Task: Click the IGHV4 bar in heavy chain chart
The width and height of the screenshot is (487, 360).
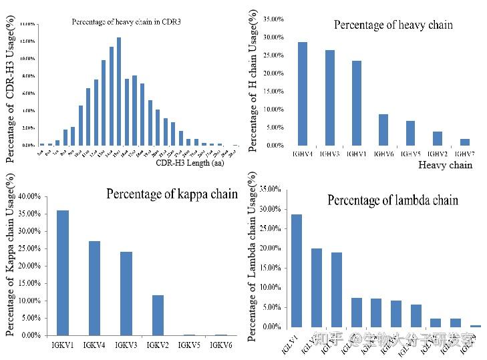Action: pos(302,94)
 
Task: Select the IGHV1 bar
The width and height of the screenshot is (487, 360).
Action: pos(357,103)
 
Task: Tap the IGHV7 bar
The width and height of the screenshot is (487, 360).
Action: pos(464,142)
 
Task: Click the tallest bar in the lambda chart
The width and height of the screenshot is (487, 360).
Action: pos(296,271)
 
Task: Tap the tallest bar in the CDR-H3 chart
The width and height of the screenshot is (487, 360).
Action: pos(119,91)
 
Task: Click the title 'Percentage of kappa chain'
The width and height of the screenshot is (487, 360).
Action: pos(172,194)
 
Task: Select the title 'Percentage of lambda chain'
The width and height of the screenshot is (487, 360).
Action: pos(393,200)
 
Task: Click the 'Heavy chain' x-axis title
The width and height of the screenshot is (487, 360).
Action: pos(445,165)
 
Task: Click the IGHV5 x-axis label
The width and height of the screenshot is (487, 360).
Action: pos(410,154)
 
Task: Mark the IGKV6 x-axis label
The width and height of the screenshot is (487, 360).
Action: pos(222,345)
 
